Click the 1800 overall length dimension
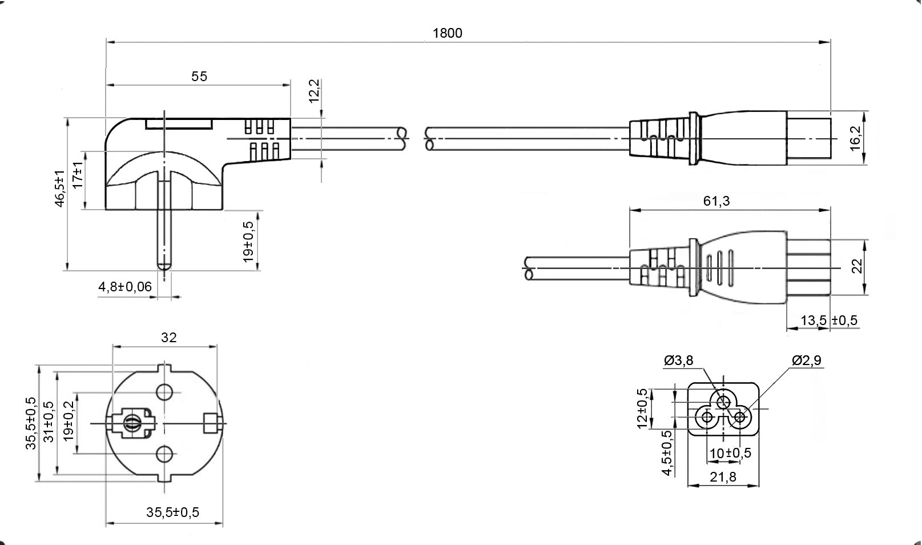[447, 33]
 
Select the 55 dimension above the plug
[199, 77]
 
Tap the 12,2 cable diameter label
[315, 91]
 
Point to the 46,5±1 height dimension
[59, 189]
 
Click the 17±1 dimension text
[77, 175]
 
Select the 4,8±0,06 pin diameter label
[126, 287]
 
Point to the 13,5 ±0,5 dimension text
[829, 320]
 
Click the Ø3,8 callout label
[679, 360]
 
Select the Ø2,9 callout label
[807, 360]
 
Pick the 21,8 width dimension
[723, 476]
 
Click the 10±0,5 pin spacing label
[730, 454]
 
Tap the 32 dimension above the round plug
[169, 338]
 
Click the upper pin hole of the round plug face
[164, 392]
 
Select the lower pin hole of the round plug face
[164, 454]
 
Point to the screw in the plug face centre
[131, 423]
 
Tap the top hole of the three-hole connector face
[723, 401]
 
